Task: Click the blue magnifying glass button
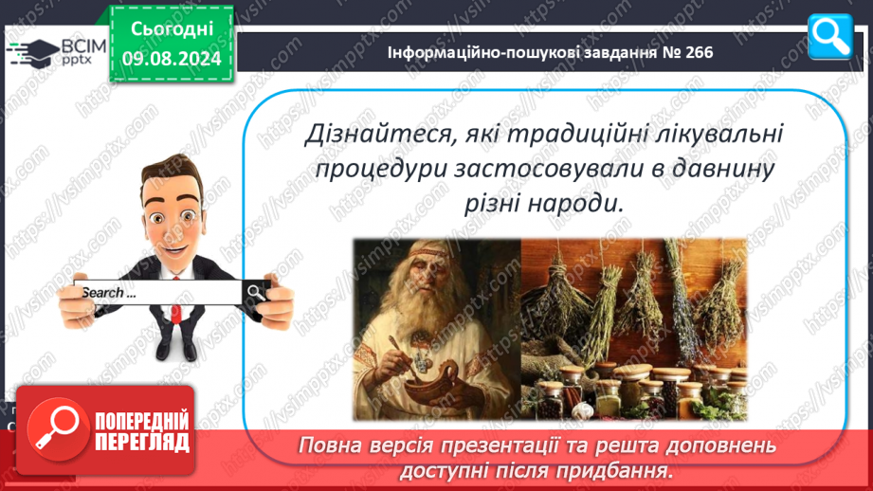pyautogui.click(x=830, y=36)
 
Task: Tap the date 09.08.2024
pyautogui.click(x=172, y=59)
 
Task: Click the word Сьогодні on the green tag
pyautogui.click(x=172, y=28)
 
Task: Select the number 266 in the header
pyautogui.click(x=700, y=52)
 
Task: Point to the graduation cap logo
pyautogui.click(x=33, y=52)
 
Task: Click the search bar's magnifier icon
pyautogui.click(x=256, y=292)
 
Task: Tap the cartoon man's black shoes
pyautogui.click(x=177, y=349)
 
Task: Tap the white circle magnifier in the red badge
pyautogui.click(x=58, y=429)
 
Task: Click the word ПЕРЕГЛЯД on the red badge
pyautogui.click(x=142, y=443)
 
